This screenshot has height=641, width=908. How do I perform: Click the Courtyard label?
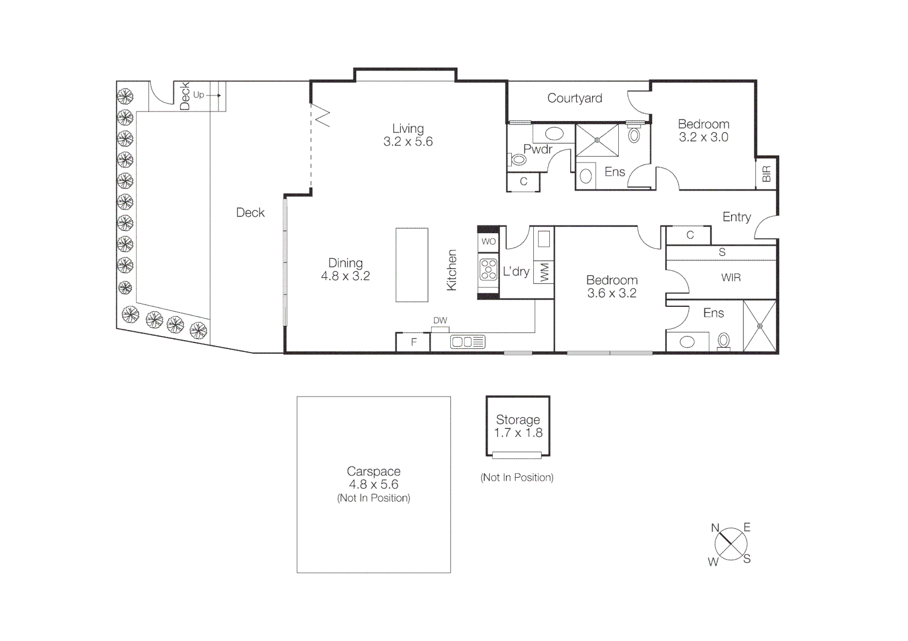(574, 98)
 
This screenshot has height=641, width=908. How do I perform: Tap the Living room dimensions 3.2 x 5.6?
(408, 142)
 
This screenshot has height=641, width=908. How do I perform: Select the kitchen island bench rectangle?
(412, 265)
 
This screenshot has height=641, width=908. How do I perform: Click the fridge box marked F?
(413, 342)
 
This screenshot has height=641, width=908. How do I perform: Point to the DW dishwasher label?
(440, 320)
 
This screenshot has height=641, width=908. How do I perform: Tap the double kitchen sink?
(467, 342)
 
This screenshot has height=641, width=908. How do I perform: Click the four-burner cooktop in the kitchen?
(489, 269)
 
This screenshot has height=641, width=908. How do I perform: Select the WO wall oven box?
(488, 242)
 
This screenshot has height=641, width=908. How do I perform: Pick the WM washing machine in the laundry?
(545, 272)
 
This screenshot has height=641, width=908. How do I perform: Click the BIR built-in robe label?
(766, 174)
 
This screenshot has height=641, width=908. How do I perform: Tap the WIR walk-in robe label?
(730, 278)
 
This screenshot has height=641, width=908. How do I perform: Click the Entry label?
(736, 217)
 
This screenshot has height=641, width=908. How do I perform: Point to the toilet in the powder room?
(518, 160)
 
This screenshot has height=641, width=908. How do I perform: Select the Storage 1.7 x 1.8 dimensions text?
(518, 433)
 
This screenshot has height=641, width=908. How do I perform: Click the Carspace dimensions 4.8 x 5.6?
(374, 484)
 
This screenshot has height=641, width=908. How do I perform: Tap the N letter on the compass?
(715, 528)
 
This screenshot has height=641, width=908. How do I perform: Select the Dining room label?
(345, 263)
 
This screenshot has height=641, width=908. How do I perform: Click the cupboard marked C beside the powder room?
(523, 182)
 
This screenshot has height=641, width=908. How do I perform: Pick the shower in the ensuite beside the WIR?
(760, 326)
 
